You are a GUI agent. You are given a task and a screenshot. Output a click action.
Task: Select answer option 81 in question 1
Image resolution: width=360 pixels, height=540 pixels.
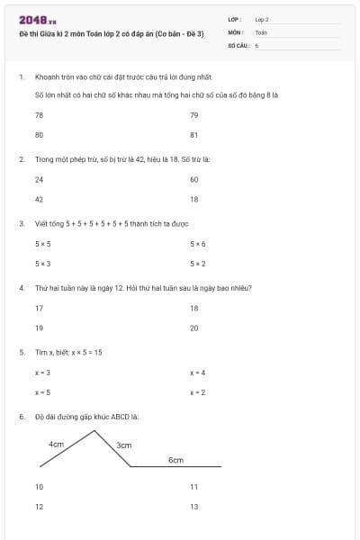click(x=193, y=135)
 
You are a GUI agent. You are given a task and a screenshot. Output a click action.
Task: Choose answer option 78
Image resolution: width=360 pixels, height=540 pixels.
click(x=39, y=115)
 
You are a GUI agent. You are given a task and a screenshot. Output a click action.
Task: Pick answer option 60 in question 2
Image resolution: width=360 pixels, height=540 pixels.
click(x=193, y=179)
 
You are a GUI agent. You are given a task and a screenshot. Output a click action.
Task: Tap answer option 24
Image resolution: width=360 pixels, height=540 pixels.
click(x=39, y=179)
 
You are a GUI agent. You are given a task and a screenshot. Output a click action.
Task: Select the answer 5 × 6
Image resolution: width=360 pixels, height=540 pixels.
click(x=197, y=244)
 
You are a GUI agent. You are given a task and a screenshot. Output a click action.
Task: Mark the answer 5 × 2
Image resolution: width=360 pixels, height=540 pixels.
click(x=197, y=264)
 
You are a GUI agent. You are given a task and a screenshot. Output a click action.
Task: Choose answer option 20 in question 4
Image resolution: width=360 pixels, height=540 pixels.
click(x=193, y=328)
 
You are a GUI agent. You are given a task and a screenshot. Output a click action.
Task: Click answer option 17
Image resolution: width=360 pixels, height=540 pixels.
click(x=39, y=308)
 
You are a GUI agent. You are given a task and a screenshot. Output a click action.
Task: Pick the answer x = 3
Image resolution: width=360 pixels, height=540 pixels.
click(x=42, y=373)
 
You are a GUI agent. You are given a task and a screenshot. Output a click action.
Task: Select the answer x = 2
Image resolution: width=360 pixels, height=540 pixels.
click(x=197, y=392)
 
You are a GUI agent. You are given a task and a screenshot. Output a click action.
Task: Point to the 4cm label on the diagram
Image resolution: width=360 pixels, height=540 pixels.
click(x=56, y=445)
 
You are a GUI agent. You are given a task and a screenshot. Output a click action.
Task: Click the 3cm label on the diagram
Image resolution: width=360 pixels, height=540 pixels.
click(x=124, y=445)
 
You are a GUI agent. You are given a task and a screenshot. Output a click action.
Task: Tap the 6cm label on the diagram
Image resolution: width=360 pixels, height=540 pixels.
click(x=175, y=460)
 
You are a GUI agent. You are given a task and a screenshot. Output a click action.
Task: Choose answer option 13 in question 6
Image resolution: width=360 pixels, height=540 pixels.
click(x=193, y=507)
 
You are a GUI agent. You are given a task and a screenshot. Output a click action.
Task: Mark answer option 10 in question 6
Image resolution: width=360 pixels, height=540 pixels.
click(x=39, y=486)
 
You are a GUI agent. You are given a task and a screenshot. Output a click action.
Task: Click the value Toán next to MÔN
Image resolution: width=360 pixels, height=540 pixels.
click(x=261, y=31)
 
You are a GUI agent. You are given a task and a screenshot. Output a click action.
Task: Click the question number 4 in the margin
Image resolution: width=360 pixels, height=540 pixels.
click(x=21, y=288)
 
